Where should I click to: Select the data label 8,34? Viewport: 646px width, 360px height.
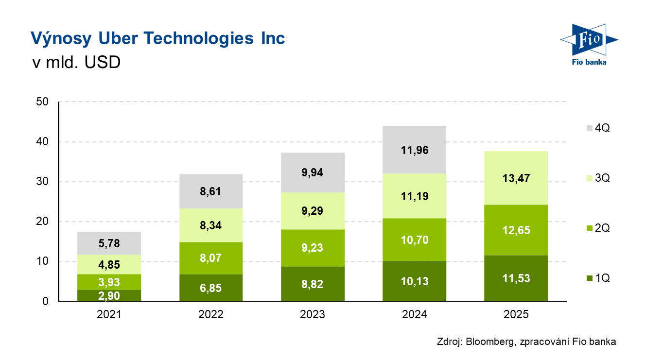click(211, 225)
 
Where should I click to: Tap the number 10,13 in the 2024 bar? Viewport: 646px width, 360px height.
click(415, 281)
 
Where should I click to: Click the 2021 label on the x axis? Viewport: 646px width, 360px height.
click(109, 315)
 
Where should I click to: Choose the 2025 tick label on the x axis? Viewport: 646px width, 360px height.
click(516, 315)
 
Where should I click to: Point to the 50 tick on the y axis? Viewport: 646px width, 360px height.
click(42, 102)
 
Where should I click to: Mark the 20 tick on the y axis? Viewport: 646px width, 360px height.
click(42, 222)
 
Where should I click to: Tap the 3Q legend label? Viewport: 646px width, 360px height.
click(602, 178)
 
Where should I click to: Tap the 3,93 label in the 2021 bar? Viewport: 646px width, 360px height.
click(109, 282)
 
